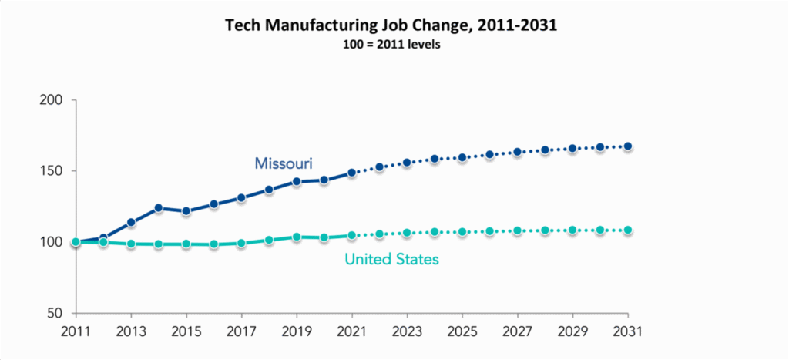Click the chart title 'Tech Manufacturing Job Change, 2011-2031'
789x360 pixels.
(391, 25)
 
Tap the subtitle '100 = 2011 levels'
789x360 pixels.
(391, 45)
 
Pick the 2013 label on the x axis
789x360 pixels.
(131, 332)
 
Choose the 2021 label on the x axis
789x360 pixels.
(352, 332)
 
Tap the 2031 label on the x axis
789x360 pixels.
(628, 332)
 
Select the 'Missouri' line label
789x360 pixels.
(283, 163)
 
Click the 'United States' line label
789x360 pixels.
(391, 260)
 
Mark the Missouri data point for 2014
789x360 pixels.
(159, 208)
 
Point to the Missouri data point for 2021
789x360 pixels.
(352, 173)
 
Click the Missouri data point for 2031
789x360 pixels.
(628, 146)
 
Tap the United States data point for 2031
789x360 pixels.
(628, 230)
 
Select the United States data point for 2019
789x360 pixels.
(297, 237)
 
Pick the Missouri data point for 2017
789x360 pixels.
(241, 198)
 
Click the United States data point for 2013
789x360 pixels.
(131, 244)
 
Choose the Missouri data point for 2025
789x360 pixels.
(462, 157)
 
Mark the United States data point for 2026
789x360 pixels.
(490, 231)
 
